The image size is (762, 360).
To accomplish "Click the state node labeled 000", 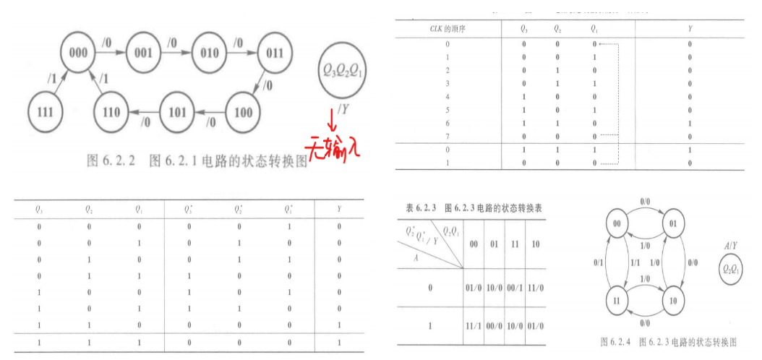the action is pyautogui.click(x=79, y=51).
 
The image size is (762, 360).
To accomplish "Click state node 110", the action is pyautogui.click(x=112, y=112).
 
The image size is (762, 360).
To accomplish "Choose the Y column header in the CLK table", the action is pyautogui.click(x=690, y=29).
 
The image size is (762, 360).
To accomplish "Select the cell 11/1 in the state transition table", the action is pyautogui.click(x=474, y=326).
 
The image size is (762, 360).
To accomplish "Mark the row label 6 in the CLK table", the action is pyautogui.click(x=448, y=124).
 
